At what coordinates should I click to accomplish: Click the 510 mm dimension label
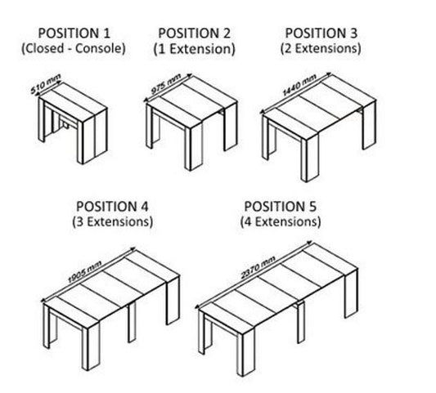point(45,83)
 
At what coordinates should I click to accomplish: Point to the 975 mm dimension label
point(166,83)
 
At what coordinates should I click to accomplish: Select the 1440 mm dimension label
point(299,85)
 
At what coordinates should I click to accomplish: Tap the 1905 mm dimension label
point(85,272)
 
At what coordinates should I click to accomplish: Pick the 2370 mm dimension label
point(258,267)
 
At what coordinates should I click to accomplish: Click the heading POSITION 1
point(74,33)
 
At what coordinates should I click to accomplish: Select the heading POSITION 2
point(195,33)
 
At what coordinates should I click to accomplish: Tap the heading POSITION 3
point(321,33)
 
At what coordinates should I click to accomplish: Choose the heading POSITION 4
point(112,207)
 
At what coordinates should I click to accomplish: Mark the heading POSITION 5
point(281,207)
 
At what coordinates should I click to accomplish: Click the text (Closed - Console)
point(74,48)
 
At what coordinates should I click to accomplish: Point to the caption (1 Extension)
point(195,49)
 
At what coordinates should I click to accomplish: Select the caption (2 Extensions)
point(321,48)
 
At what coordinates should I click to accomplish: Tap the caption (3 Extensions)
point(113,222)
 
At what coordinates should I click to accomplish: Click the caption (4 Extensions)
point(281,222)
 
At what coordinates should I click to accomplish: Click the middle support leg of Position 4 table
point(132,322)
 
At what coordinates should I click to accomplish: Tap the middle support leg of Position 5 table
point(300,323)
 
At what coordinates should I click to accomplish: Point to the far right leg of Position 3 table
point(369,125)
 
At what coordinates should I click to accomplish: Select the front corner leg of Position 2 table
point(194,146)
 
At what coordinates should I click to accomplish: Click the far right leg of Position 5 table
point(351,294)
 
